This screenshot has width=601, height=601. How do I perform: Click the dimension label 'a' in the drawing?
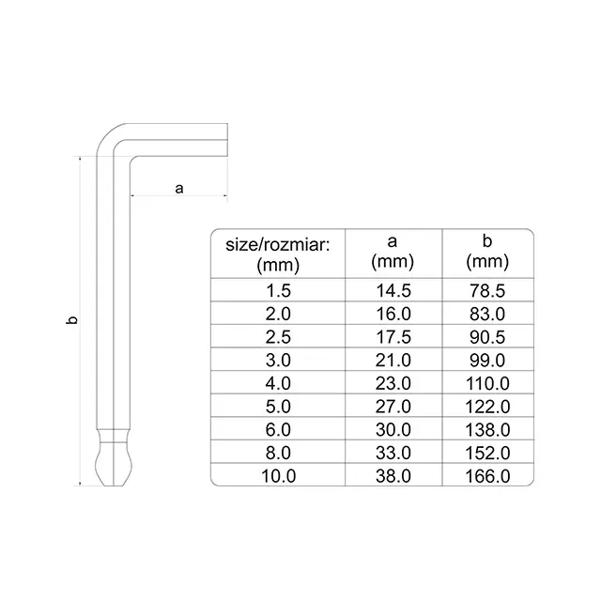point(179,189)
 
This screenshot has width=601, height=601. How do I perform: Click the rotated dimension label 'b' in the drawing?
point(71,320)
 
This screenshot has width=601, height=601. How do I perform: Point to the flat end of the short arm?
point(227,140)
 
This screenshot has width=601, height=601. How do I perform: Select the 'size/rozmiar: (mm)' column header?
point(278,254)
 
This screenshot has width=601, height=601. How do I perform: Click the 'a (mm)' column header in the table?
point(393,252)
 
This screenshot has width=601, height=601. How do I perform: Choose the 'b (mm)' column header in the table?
point(487,252)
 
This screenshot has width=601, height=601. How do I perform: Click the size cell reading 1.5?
point(278,290)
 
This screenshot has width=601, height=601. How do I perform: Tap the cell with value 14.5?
point(393,290)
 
